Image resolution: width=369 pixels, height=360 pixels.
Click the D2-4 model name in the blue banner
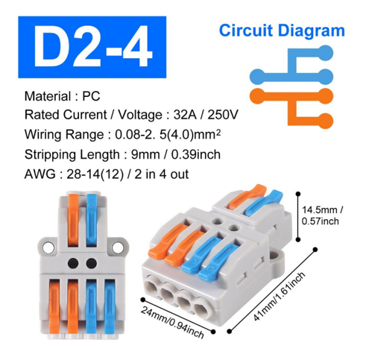point(92,46)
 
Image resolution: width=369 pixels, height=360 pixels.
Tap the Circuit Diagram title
point(282,31)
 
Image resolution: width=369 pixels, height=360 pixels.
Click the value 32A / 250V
point(206,115)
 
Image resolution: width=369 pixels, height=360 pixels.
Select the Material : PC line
point(62,96)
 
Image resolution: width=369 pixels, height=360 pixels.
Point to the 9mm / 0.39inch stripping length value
point(176,154)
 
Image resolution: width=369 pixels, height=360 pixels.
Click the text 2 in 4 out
point(162,174)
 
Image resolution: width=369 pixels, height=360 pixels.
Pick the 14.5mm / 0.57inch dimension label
point(322,215)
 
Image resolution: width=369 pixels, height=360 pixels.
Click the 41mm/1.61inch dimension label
point(279,297)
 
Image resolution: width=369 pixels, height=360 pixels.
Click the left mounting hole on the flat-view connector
point(48,247)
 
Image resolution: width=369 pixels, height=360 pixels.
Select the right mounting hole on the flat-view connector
point(118,247)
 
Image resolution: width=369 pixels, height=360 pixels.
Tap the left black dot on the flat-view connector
point(73,263)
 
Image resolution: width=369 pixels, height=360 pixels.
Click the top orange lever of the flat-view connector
point(73,220)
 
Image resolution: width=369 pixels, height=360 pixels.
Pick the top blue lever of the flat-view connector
point(92,220)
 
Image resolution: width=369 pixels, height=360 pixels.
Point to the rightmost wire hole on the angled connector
point(202,309)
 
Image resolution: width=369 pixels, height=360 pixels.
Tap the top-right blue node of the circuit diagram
point(325,53)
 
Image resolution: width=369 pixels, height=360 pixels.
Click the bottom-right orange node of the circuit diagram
point(325,121)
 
